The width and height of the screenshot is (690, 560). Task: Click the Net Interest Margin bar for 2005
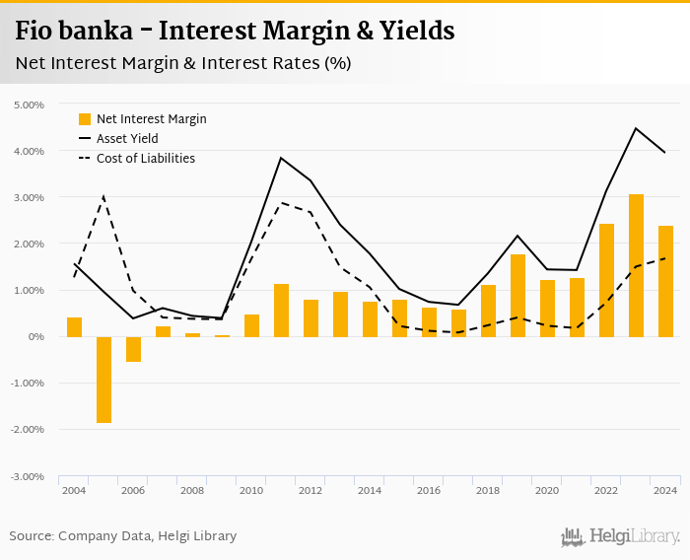pos(103,380)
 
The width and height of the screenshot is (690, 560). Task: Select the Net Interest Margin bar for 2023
pos(636,265)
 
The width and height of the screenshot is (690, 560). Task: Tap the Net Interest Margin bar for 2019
pos(517,296)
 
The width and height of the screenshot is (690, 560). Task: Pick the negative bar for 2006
pos(133,349)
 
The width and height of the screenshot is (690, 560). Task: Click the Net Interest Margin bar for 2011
pos(281,311)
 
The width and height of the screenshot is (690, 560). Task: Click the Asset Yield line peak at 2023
pos(636,128)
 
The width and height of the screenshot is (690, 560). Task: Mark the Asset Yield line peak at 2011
pos(281,158)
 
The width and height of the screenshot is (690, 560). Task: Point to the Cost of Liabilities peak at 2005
pos(103,196)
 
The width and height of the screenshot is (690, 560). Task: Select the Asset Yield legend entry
pos(127,139)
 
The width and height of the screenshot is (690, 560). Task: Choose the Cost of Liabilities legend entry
pos(145,158)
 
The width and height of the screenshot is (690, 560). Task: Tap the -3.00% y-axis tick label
pos(27,476)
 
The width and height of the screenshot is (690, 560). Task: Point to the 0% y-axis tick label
pos(36,337)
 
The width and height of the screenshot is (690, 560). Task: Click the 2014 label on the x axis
pos(370,490)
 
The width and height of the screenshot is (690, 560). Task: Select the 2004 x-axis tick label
pos(74,490)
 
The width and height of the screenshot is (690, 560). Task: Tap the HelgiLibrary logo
pos(620,537)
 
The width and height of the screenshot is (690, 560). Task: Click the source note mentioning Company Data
pos(123,536)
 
